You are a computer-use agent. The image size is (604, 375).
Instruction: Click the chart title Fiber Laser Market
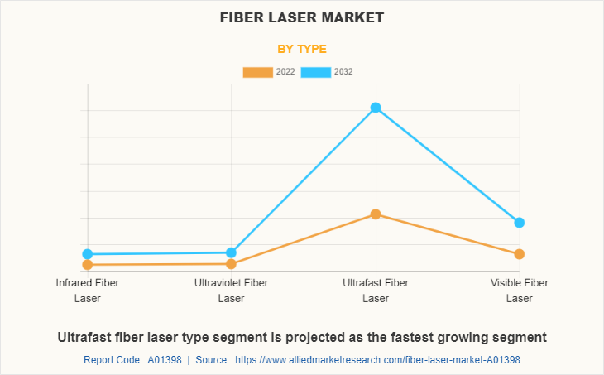(302, 17)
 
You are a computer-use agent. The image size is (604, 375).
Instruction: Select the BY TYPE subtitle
(302, 49)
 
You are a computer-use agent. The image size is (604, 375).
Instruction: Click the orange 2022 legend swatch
(257, 72)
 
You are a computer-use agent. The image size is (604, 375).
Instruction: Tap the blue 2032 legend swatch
(316, 72)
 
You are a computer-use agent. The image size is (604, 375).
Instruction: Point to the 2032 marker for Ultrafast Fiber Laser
(376, 108)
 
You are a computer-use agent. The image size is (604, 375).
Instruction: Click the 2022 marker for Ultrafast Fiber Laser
(376, 214)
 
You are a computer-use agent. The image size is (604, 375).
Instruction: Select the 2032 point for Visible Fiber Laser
(520, 223)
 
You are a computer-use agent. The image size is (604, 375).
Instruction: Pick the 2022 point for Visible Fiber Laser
(520, 254)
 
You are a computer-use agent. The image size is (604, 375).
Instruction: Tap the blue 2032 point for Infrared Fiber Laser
(88, 254)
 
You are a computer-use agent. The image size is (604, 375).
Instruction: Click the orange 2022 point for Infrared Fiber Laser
(88, 265)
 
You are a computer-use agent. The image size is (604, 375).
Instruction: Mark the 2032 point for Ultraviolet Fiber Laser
(232, 252)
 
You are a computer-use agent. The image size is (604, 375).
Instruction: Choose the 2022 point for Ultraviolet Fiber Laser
(232, 264)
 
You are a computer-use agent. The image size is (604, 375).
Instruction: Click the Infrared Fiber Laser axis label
(88, 291)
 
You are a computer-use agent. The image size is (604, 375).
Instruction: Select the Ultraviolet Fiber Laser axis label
(232, 291)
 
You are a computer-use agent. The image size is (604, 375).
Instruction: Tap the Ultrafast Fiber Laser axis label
(376, 291)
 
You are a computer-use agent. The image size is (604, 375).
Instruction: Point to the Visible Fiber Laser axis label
(520, 291)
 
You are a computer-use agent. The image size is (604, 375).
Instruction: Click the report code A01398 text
(133, 360)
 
